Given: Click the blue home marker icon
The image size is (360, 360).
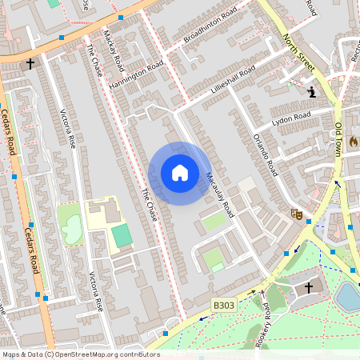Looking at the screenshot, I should pos(180,173).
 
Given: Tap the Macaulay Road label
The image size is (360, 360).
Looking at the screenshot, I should pos(219,194).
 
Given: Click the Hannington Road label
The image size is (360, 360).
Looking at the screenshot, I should pos(136,74).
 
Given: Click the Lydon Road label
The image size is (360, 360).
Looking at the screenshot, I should pos(290,119).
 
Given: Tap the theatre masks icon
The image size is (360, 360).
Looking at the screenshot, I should pos(295,214).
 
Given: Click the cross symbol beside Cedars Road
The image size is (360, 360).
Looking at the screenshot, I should pos(31,62).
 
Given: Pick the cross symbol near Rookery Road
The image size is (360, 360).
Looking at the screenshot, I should pos(309,286).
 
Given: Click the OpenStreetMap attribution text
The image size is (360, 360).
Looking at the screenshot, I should pos(80,354).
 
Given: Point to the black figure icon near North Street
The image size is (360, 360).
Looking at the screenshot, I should pos(310,93).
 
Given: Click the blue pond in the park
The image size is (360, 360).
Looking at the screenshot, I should pos(349,296).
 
